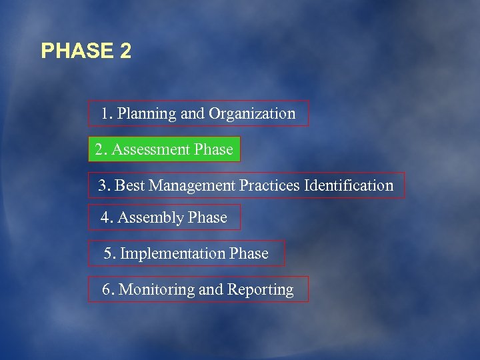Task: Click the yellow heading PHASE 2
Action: click(x=86, y=51)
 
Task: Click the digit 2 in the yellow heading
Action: click(x=125, y=51)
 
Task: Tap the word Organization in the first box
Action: click(x=251, y=114)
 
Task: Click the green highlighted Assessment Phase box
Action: click(x=164, y=149)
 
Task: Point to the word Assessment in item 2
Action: click(x=151, y=149)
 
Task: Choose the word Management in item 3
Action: click(x=192, y=185)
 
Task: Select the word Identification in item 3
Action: click(x=349, y=185)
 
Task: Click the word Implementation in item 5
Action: click(x=173, y=254)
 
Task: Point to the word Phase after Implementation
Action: click(x=249, y=254)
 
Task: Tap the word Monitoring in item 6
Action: click(x=156, y=290)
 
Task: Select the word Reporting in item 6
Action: click(x=260, y=290)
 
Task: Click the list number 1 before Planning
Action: click(x=106, y=114)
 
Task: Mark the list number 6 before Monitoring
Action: click(x=107, y=290)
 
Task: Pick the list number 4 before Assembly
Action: click(x=105, y=218)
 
